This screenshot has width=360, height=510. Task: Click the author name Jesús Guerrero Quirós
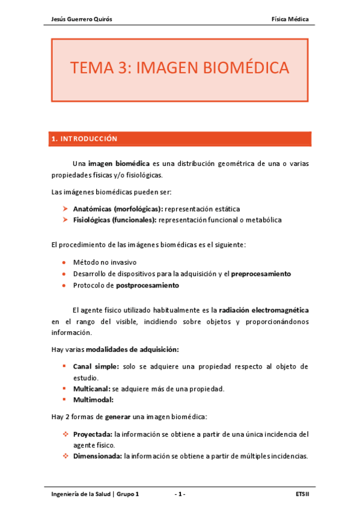tap(81, 19)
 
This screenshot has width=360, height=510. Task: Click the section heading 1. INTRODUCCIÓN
tap(84, 139)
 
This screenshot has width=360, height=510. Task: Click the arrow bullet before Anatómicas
tap(65, 209)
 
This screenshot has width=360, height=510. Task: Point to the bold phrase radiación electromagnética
tap(264, 310)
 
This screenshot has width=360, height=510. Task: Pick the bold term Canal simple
tap(96, 366)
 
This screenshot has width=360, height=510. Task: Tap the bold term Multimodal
tap(93, 399)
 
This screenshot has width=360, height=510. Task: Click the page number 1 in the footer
tap(180, 494)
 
